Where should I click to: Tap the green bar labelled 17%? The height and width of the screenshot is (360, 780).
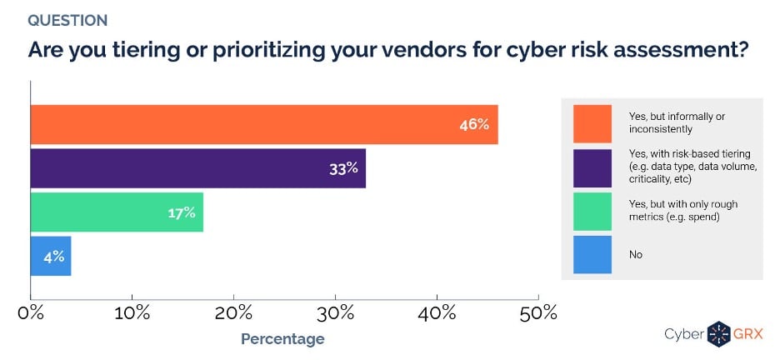[117, 212]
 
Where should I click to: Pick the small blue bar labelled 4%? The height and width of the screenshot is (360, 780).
[51, 256]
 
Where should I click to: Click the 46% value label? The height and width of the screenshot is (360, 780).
[473, 125]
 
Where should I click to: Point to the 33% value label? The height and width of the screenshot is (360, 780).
[342, 168]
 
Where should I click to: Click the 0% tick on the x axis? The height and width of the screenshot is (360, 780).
[31, 313]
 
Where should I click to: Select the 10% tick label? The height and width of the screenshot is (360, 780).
[132, 313]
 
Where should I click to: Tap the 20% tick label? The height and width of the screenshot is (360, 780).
[234, 313]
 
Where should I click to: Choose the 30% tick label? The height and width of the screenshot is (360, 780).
[335, 313]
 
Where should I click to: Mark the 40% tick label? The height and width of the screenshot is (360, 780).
[437, 313]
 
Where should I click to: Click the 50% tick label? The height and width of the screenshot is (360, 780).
[538, 313]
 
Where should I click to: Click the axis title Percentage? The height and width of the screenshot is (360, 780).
[282, 339]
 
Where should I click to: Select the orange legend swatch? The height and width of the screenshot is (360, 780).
[592, 123]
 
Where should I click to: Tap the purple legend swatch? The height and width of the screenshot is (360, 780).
[592, 167]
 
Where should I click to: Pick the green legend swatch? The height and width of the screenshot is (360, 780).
[592, 211]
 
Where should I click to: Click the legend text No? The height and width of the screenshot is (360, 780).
[635, 255]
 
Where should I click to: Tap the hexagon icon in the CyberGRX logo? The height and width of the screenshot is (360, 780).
[718, 333]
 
